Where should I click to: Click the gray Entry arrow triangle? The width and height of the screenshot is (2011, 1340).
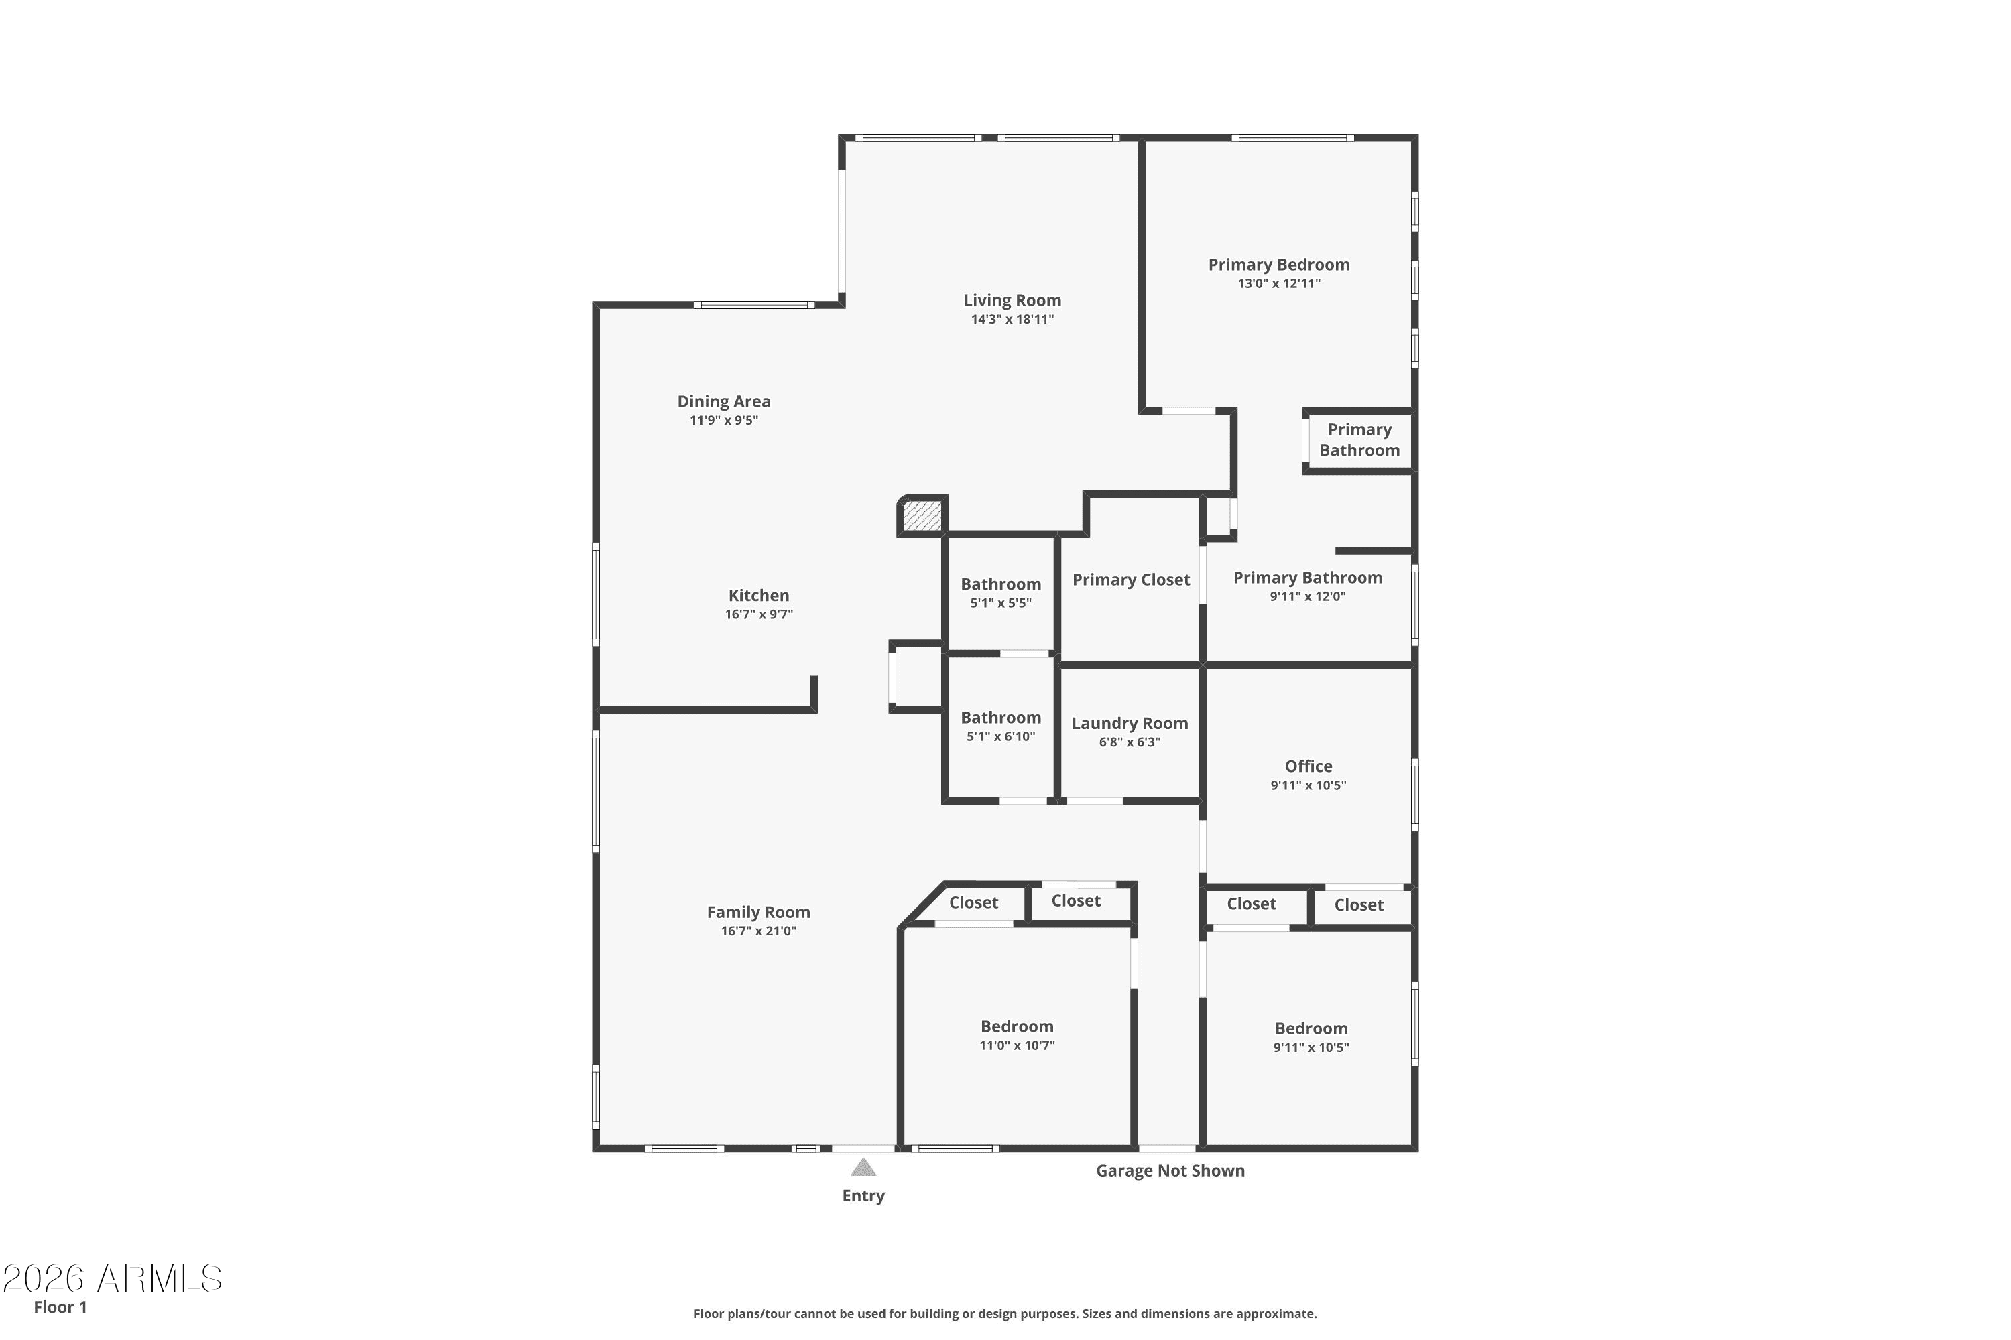[863, 1167]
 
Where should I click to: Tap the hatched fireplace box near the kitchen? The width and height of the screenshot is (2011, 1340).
[922, 516]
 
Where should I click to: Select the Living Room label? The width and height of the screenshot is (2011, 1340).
[1012, 300]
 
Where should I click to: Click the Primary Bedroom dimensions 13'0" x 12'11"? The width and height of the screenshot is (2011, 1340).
[1278, 283]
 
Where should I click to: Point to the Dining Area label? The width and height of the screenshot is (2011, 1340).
[723, 401]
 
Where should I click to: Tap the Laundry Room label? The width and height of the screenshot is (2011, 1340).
[1129, 723]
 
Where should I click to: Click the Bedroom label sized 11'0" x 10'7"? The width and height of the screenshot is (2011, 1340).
[1017, 1026]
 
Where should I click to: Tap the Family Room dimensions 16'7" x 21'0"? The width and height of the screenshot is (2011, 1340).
[757, 931]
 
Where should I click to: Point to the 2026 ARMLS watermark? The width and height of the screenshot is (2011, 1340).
[112, 1278]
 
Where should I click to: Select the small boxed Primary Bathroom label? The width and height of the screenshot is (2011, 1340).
[1359, 440]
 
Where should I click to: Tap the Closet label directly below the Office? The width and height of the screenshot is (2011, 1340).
[1251, 904]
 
